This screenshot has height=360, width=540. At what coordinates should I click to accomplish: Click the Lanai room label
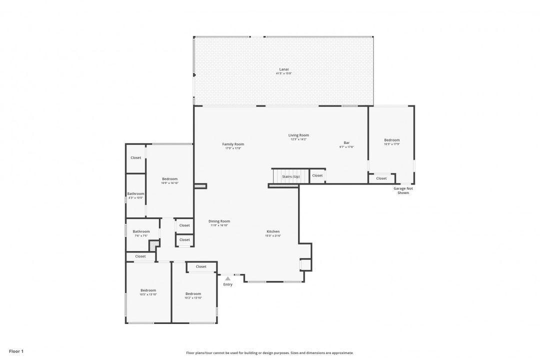pyautogui.click(x=283, y=69)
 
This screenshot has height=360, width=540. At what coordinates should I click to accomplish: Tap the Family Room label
pyautogui.click(x=233, y=144)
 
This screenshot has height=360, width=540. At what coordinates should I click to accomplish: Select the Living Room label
pyautogui.click(x=298, y=135)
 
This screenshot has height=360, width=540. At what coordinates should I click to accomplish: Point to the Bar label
pyautogui.click(x=346, y=142)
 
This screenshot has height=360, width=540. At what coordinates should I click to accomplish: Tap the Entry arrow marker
pyautogui.click(x=227, y=278)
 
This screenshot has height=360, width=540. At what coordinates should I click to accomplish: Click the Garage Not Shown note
pyautogui.click(x=403, y=190)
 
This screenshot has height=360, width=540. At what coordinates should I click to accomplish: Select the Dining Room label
pyautogui.click(x=219, y=221)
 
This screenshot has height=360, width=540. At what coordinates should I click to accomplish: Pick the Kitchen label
pyautogui.click(x=273, y=231)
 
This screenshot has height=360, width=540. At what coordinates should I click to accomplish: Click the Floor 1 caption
pyautogui.click(x=16, y=351)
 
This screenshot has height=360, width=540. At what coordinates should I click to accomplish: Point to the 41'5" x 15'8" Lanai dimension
pyautogui.click(x=283, y=73)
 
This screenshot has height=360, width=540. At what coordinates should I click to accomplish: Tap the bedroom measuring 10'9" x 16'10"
pyautogui.click(x=169, y=180)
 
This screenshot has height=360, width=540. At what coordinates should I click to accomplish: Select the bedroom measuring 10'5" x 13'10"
pyautogui.click(x=148, y=292)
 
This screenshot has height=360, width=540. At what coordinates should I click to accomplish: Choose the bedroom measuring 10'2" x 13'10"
pyautogui.click(x=193, y=295)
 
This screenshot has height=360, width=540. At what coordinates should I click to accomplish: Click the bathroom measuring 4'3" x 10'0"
pyautogui.click(x=135, y=195)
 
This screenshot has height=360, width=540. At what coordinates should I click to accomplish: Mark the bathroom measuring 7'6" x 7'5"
pyautogui.click(x=141, y=233)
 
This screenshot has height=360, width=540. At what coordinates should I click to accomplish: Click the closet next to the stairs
pyautogui.click(x=317, y=175)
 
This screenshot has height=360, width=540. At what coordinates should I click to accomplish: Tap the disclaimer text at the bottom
pyautogui.click(x=269, y=353)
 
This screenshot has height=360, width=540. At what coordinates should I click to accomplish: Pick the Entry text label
pyautogui.click(x=227, y=284)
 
